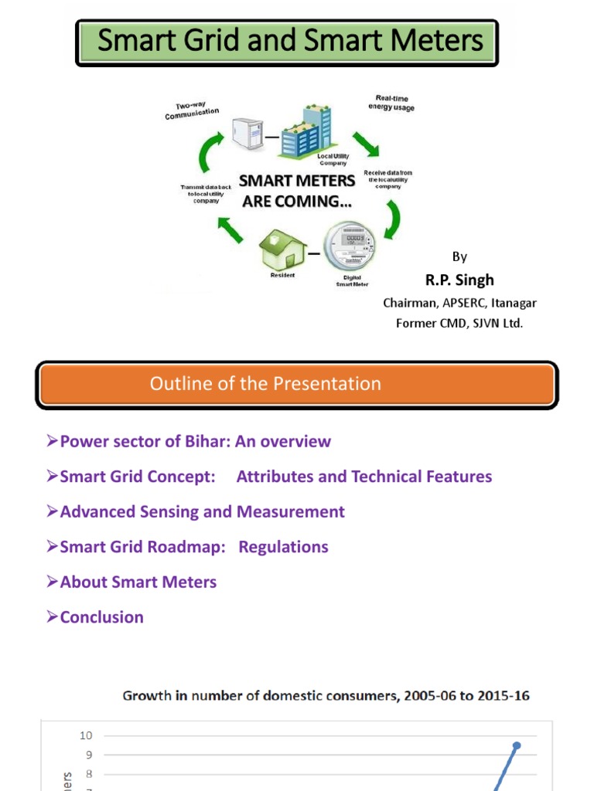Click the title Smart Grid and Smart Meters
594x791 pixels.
290,41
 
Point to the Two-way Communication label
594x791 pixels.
191,113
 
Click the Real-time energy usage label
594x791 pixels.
394,103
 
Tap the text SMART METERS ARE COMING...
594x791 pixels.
296,190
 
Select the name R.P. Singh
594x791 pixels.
459,280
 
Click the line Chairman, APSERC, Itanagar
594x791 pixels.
459,303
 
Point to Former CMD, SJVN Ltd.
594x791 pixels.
459,323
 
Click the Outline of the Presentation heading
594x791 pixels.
265,384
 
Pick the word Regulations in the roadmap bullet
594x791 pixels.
283,547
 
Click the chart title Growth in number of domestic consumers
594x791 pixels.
326,695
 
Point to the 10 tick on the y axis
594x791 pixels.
86,735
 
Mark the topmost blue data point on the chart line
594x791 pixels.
517,745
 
